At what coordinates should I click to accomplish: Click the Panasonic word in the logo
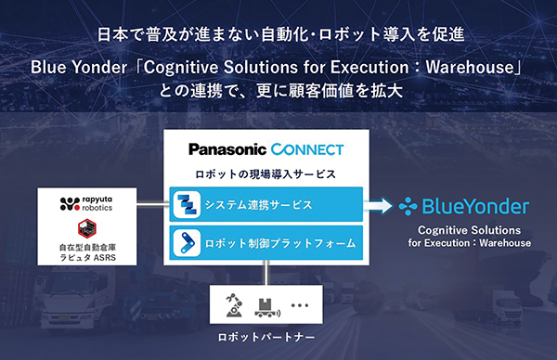[228, 149]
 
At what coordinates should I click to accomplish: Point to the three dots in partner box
[299, 305]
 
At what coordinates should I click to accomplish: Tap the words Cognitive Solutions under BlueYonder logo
[468, 230]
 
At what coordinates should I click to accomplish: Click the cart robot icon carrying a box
[265, 303]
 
